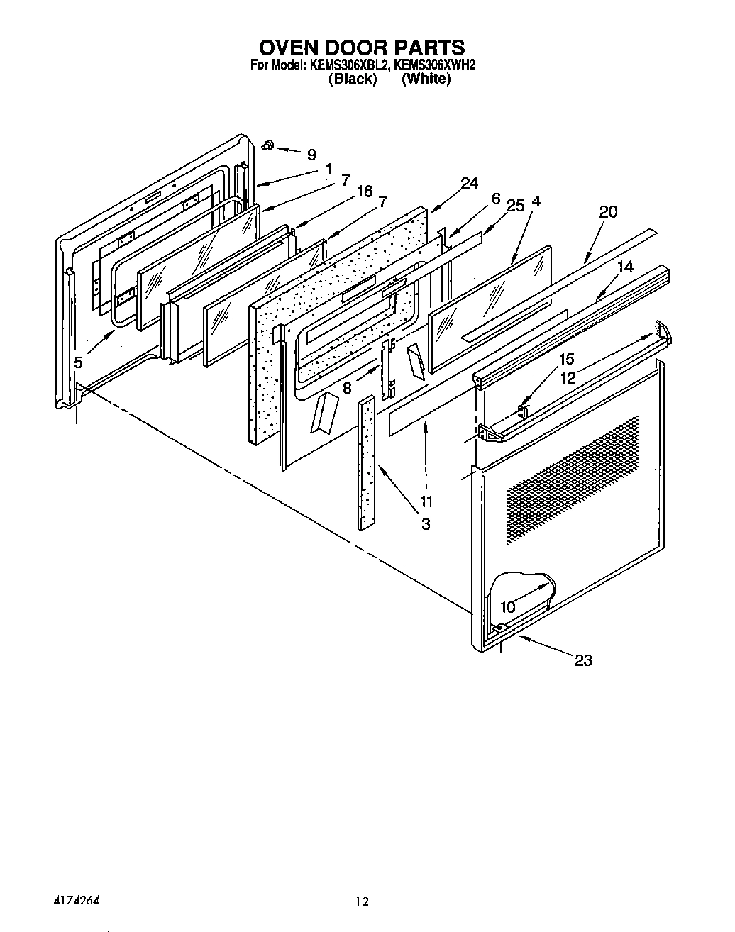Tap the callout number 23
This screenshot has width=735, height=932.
[582, 660]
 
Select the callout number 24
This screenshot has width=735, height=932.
[469, 184]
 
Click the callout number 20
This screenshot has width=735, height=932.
[608, 211]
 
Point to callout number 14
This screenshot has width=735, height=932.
[624, 267]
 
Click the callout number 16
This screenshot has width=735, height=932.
[365, 192]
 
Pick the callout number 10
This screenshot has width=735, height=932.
[507, 607]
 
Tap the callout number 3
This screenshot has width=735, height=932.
[426, 524]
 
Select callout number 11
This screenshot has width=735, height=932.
[426, 501]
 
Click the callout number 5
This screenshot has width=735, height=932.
[78, 362]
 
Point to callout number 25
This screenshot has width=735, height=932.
[516, 206]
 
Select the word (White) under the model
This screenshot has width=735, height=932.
[426, 79]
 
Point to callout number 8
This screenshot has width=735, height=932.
[347, 388]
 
